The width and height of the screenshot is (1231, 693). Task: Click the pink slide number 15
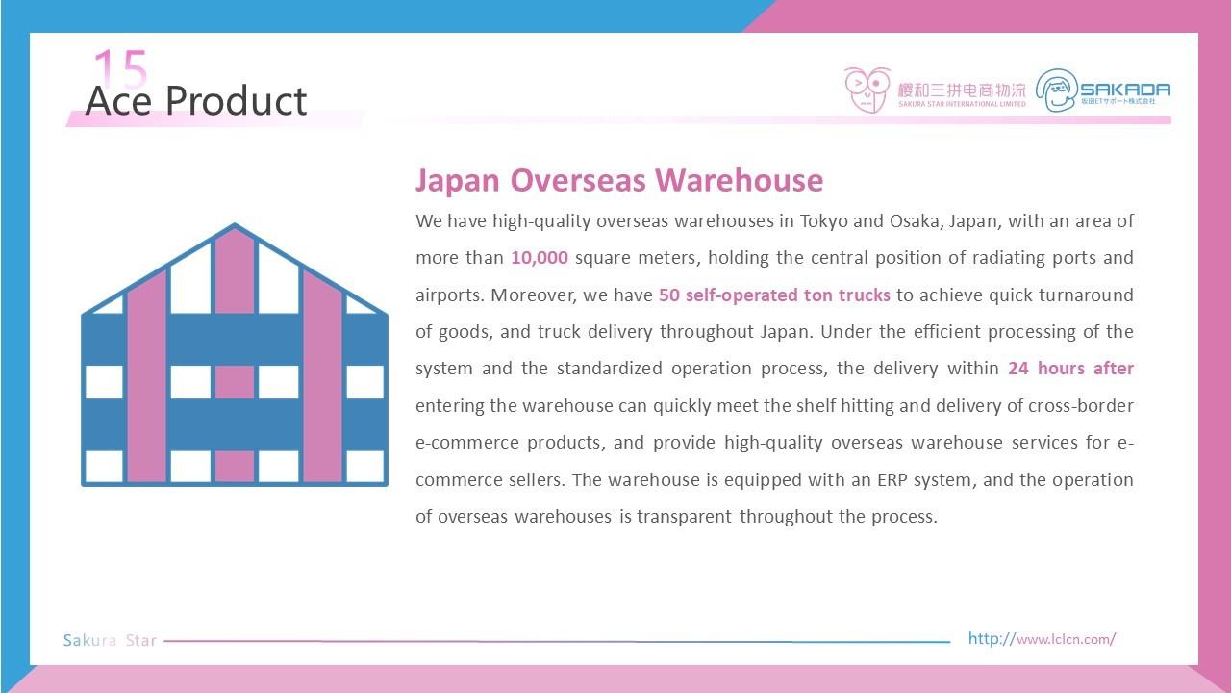(120, 68)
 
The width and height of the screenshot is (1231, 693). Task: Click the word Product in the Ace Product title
(236, 101)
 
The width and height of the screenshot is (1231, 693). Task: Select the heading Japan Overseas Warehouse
(619, 180)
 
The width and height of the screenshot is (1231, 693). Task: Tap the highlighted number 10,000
(540, 257)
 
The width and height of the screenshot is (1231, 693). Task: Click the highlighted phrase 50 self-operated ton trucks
(774, 295)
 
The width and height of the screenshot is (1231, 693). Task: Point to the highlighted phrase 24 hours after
(1070, 368)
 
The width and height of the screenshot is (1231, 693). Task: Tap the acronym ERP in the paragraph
(892, 479)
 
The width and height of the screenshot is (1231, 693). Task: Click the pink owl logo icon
(867, 90)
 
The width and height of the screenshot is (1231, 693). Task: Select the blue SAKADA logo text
(1125, 90)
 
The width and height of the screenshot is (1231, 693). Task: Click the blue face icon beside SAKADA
(1057, 90)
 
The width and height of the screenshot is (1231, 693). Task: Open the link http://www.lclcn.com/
(1042, 638)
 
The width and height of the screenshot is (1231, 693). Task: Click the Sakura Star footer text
(110, 640)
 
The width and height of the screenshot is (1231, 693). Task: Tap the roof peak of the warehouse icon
(235, 224)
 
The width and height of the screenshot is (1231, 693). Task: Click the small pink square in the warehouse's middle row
(235, 382)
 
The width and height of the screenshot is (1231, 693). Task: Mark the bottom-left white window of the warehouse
(105, 467)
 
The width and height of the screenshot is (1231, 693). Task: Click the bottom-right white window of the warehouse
(364, 467)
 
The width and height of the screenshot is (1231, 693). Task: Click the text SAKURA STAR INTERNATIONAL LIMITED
(962, 104)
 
